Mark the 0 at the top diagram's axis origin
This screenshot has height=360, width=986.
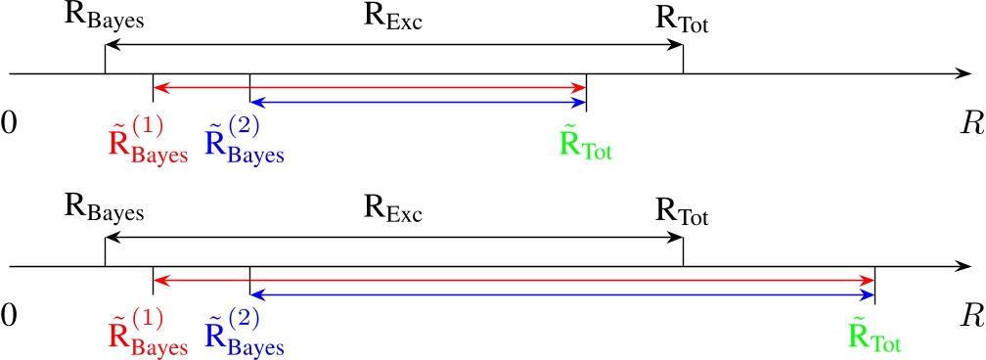(x=9, y=123)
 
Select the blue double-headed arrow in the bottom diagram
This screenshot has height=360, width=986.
(x=561, y=293)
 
